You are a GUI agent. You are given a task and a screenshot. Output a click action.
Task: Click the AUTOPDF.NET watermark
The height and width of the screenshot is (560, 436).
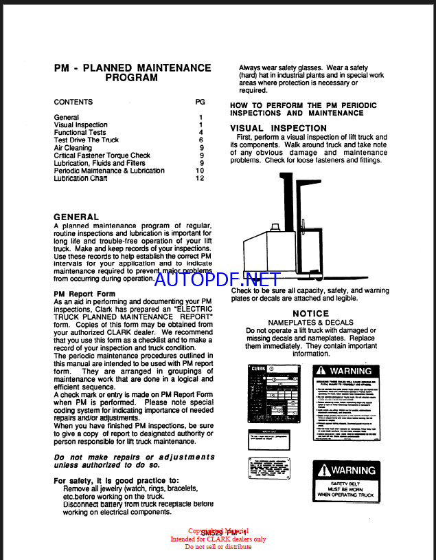(x=217, y=279)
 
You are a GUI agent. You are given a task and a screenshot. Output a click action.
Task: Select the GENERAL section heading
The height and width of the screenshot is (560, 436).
(x=76, y=217)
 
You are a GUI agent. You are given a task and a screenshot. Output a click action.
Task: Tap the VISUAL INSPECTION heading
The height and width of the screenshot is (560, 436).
(x=278, y=128)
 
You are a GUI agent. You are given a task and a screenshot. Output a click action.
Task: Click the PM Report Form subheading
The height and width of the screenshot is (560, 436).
(x=84, y=294)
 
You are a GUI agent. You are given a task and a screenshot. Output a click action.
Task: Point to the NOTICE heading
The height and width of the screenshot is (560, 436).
(x=311, y=314)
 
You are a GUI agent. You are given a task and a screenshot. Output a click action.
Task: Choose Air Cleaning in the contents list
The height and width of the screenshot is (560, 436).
(x=73, y=148)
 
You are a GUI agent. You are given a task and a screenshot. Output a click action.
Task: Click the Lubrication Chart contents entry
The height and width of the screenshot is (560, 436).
(x=81, y=178)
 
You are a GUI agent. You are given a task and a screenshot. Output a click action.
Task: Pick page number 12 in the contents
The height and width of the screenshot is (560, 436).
(x=200, y=178)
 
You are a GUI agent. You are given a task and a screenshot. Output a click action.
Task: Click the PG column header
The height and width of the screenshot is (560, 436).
(x=200, y=102)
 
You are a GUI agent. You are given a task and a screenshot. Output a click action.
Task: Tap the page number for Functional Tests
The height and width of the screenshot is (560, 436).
(x=201, y=132)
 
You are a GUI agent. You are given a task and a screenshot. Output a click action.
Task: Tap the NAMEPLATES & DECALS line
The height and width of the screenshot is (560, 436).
(x=311, y=323)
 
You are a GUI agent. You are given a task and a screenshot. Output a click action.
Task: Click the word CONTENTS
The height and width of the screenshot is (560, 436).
(x=73, y=102)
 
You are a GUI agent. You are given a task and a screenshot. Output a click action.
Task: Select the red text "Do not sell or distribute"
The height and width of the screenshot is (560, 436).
(x=218, y=547)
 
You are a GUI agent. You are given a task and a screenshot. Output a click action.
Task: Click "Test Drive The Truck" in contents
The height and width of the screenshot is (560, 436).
(x=87, y=140)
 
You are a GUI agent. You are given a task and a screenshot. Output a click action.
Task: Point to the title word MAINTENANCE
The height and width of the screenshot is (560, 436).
(x=174, y=68)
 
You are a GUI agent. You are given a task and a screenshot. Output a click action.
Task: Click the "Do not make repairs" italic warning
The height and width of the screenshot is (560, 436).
(x=134, y=462)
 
